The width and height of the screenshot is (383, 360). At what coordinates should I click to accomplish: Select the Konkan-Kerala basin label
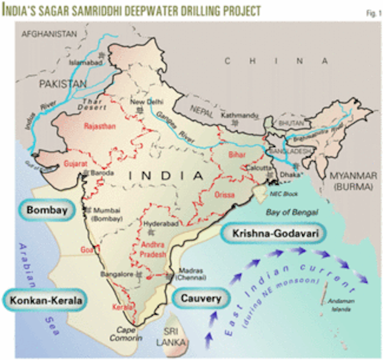click(44, 300)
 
